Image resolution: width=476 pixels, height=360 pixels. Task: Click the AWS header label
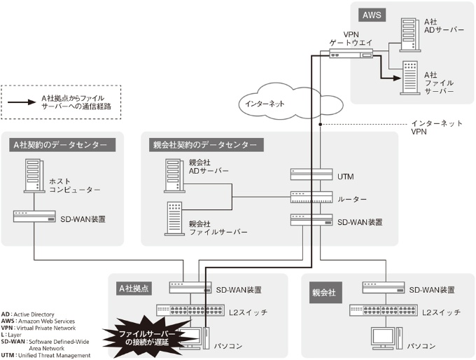pyautogui.click(x=372, y=15)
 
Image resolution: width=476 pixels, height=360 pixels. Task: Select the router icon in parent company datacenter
pyautogui.click(x=311, y=198)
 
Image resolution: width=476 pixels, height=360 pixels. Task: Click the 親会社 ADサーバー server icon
pyautogui.click(x=174, y=175)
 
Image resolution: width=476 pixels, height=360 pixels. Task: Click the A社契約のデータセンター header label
pyautogui.click(x=60, y=145)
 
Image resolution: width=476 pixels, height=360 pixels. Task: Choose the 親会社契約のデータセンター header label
pyautogui.click(x=204, y=145)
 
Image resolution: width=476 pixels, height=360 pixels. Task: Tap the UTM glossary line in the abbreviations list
pyautogui.click(x=46, y=356)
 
